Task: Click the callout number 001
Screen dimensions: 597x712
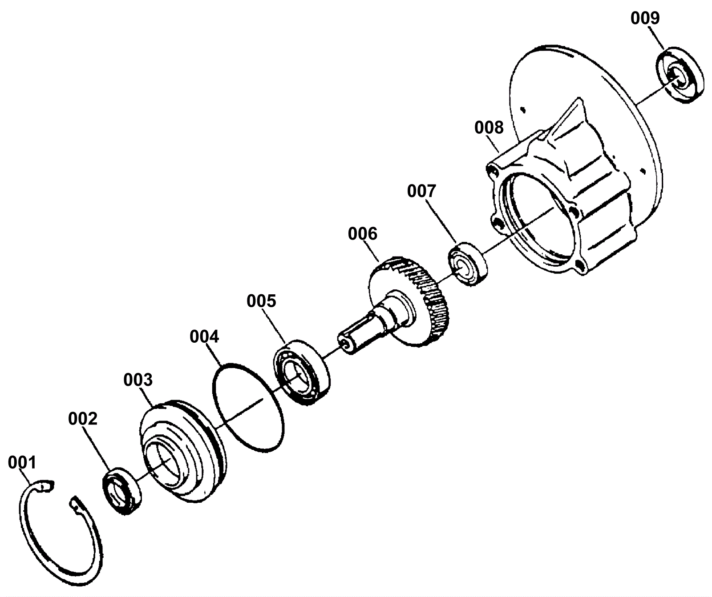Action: tap(22, 462)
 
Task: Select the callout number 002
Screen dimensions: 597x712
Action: tap(82, 418)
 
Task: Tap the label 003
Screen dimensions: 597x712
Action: tap(138, 380)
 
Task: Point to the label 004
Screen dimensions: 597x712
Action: tap(204, 337)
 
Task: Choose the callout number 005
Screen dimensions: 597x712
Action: tap(261, 301)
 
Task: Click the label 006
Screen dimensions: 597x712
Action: tap(362, 233)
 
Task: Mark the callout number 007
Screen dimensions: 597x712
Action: tap(421, 191)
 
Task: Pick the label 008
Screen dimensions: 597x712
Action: tap(489, 128)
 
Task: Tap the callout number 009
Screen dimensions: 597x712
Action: tap(645, 18)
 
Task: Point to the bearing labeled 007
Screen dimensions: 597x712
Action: tap(467, 264)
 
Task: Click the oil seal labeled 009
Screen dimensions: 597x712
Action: tap(680, 75)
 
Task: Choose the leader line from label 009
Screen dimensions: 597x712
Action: tap(655, 37)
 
